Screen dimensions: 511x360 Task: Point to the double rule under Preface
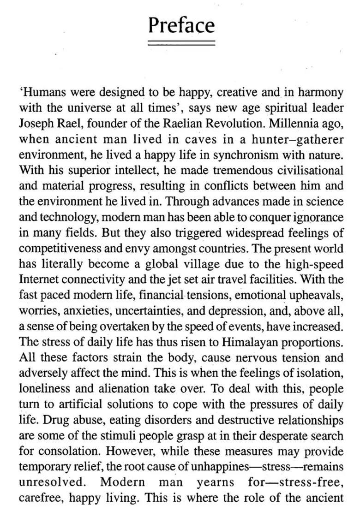point(181,43)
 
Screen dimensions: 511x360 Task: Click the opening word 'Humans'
point(39,92)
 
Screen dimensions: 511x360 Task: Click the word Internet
point(36,280)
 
